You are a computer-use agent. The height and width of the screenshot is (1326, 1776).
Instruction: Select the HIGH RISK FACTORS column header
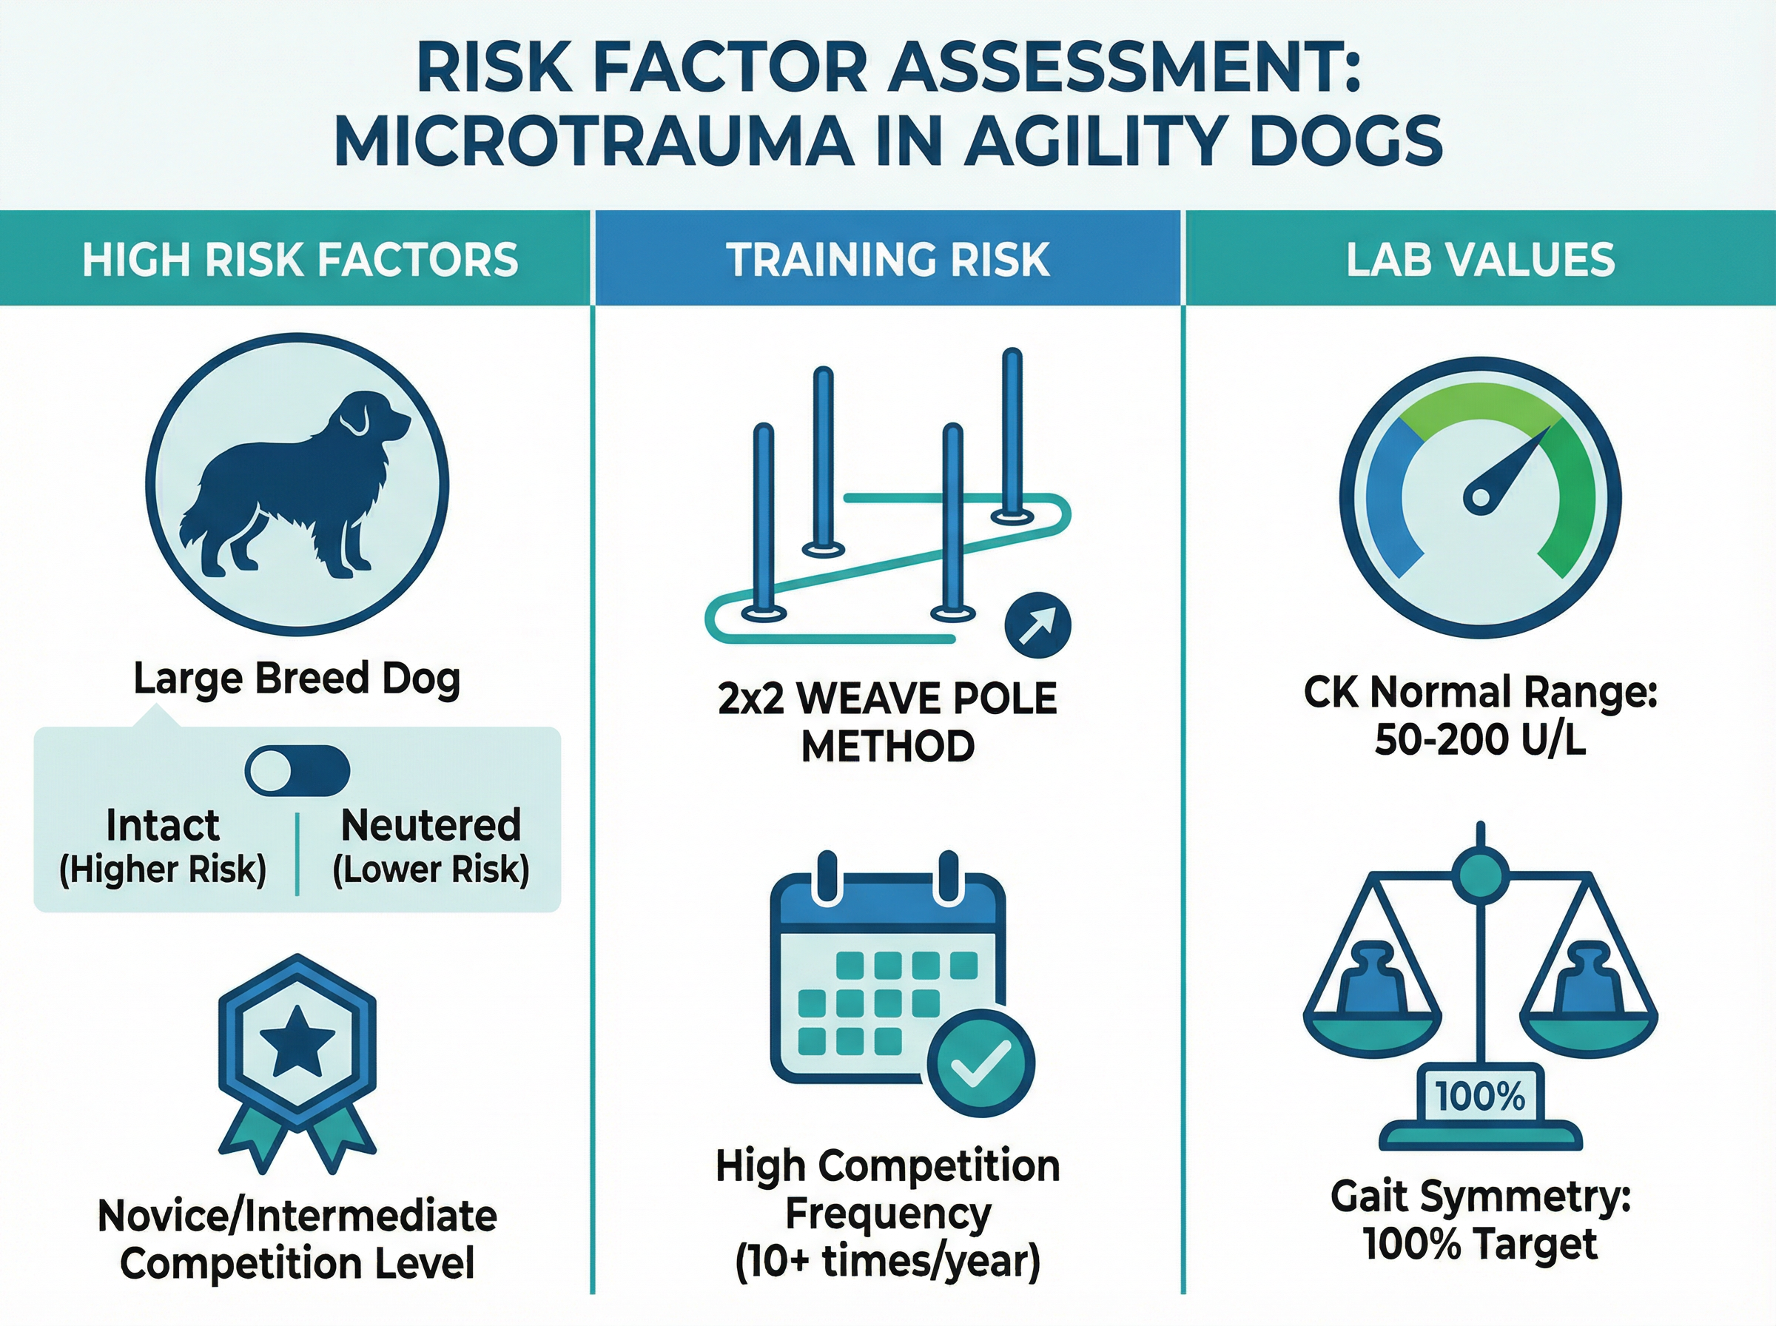pyautogui.click(x=300, y=260)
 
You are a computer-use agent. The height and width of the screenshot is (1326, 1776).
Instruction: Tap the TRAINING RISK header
pyautogui.click(x=887, y=260)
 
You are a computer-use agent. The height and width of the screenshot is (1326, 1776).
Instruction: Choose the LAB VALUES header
pyautogui.click(x=1480, y=260)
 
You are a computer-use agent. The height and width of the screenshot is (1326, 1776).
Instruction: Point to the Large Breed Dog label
pyautogui.click(x=297, y=679)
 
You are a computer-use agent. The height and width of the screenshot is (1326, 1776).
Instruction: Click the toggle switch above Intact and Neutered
pyautogui.click(x=297, y=770)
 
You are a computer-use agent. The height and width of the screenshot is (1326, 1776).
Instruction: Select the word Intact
pyautogui.click(x=163, y=825)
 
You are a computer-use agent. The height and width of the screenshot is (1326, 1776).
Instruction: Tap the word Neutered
pyautogui.click(x=431, y=825)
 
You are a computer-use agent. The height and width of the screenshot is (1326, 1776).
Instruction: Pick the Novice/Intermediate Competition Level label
pyautogui.click(x=297, y=1239)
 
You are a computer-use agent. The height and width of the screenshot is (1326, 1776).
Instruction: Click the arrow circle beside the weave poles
pyautogui.click(x=1037, y=625)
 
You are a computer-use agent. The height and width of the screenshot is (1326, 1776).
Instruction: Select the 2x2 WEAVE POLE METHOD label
pyautogui.click(x=887, y=722)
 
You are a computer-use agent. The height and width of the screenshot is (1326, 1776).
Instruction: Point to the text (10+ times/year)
pyautogui.click(x=887, y=1262)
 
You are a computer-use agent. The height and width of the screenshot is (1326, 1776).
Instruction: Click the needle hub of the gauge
pyautogui.click(x=1481, y=499)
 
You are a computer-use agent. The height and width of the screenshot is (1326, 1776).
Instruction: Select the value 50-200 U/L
pyautogui.click(x=1480, y=740)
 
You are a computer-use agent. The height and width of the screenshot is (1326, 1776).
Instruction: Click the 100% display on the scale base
pyautogui.click(x=1480, y=1097)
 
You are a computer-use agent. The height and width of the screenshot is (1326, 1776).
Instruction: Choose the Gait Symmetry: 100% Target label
pyautogui.click(x=1480, y=1221)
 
